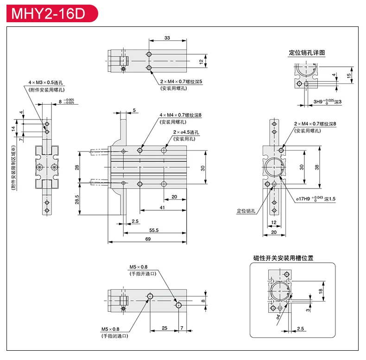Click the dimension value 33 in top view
167,38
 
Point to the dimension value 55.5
154,230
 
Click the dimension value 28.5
77,199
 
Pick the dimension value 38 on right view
317,166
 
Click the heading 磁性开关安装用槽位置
283,258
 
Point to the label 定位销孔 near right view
246,211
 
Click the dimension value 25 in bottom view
164,328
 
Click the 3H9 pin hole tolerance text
327,101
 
